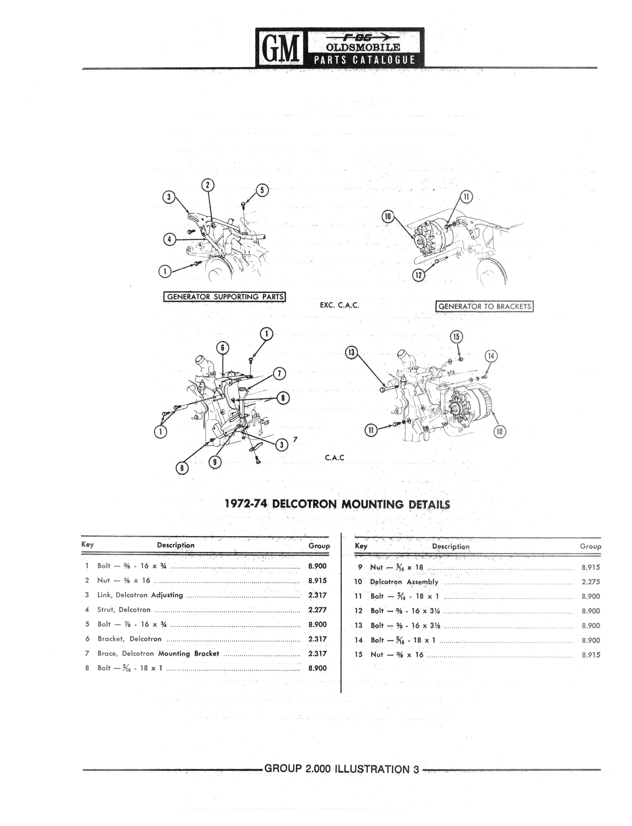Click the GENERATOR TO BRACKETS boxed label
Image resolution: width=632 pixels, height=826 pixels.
(484, 306)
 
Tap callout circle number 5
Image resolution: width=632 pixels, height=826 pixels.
(262, 190)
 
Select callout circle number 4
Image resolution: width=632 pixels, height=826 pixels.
(170, 239)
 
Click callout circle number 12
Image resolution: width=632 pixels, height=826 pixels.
(418, 275)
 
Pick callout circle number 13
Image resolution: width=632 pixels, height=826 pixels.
(351, 352)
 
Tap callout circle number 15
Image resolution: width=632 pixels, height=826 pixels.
(456, 336)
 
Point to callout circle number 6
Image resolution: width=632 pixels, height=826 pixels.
(222, 348)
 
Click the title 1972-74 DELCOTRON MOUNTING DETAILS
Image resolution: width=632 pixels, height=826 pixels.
(337, 504)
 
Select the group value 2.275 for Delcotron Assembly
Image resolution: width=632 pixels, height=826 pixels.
(591, 582)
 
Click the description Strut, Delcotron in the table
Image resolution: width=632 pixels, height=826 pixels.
(124, 610)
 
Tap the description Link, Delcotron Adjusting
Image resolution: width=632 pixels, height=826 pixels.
(140, 595)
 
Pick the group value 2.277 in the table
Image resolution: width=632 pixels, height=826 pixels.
(317, 610)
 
